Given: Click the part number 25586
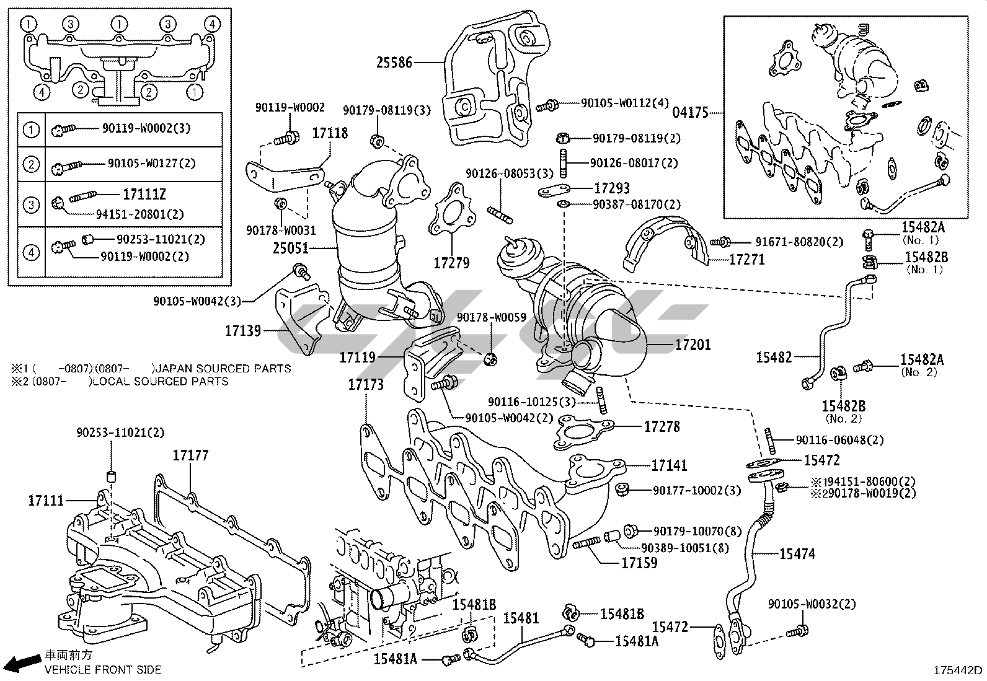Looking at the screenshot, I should pyautogui.click(x=394, y=62).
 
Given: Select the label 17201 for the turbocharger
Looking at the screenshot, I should pyautogui.click(x=693, y=345).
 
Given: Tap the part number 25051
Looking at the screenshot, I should pyautogui.click(x=291, y=249).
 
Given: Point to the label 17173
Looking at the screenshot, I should pyautogui.click(x=365, y=384).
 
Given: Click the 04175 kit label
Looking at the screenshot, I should pyautogui.click(x=691, y=113).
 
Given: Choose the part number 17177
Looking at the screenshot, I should pyautogui.click(x=190, y=455).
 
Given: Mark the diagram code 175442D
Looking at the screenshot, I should pyautogui.click(x=959, y=670).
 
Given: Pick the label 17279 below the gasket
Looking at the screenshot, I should pyautogui.click(x=451, y=263).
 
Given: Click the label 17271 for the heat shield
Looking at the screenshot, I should pyautogui.click(x=746, y=260).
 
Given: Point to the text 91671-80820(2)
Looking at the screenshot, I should pyautogui.click(x=799, y=242).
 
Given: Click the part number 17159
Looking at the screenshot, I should pyautogui.click(x=639, y=563).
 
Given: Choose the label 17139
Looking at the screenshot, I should pyautogui.click(x=243, y=331).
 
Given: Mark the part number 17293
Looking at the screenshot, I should pyautogui.click(x=612, y=188).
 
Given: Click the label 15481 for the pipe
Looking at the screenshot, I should pyautogui.click(x=521, y=618).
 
